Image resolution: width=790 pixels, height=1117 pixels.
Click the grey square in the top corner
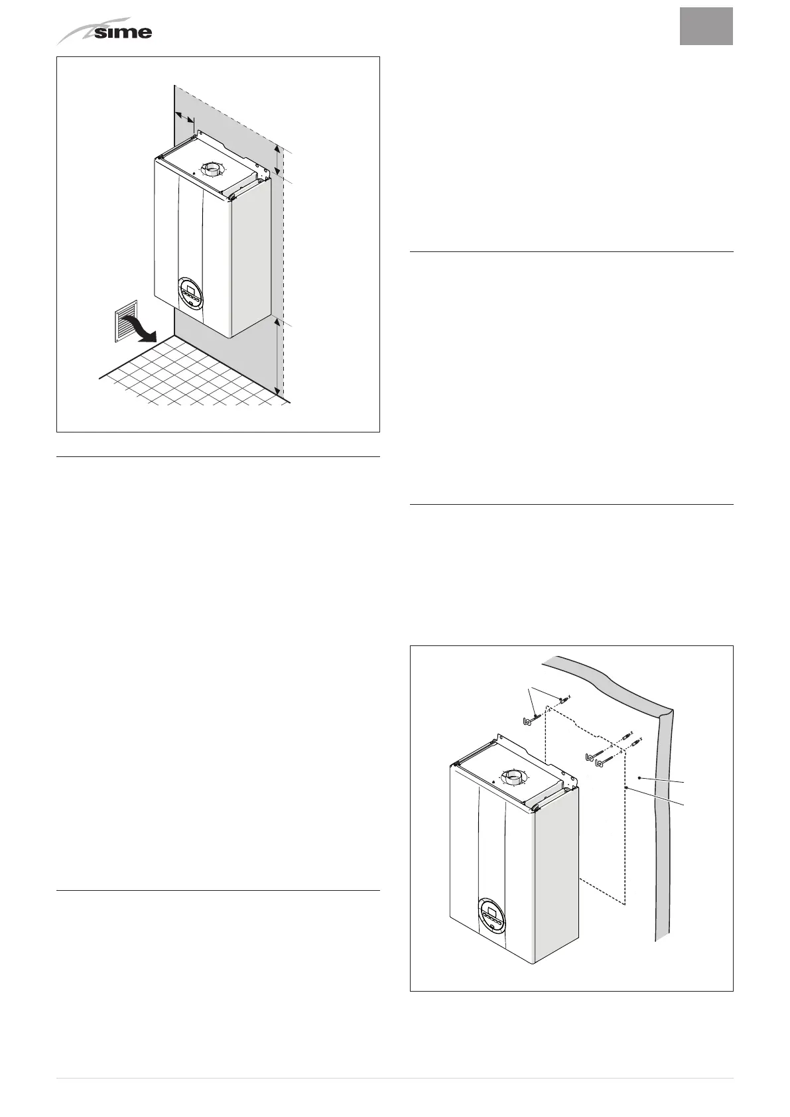coord(706,27)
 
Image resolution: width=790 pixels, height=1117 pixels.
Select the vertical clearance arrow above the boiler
coord(279,161)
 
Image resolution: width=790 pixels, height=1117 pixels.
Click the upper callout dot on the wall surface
coord(638,776)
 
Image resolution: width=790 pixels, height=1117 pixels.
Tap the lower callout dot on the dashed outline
coord(626,787)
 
